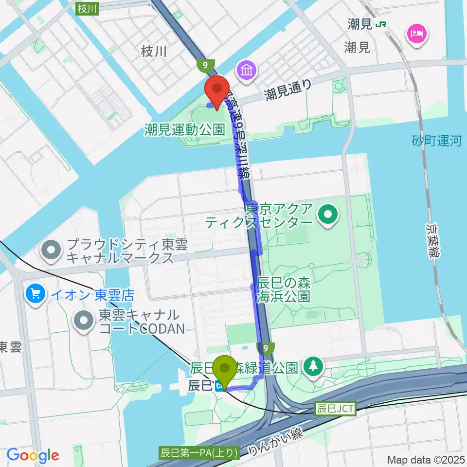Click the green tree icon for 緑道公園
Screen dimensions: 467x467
312,367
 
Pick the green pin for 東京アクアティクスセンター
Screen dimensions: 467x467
328,214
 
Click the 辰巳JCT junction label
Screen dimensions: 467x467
335,408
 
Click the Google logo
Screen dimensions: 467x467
33,455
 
